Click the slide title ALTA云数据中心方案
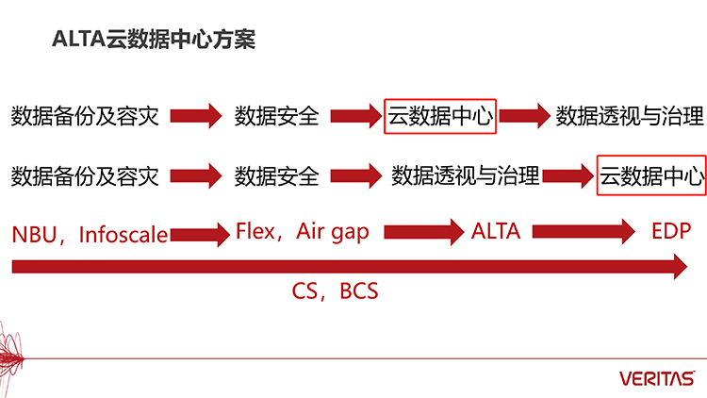pyautogui.click(x=153, y=41)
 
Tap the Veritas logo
pyautogui.click(x=657, y=378)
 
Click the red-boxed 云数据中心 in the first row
pyautogui.click(x=440, y=116)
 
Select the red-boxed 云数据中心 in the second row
pyautogui.click(x=651, y=174)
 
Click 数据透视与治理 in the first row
pyautogui.click(x=630, y=116)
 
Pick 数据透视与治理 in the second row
pyautogui.click(x=466, y=174)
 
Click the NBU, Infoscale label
pyautogui.click(x=90, y=233)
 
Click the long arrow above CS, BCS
pyautogui.click(x=349, y=267)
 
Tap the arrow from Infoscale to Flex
pyautogui.click(x=200, y=233)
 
